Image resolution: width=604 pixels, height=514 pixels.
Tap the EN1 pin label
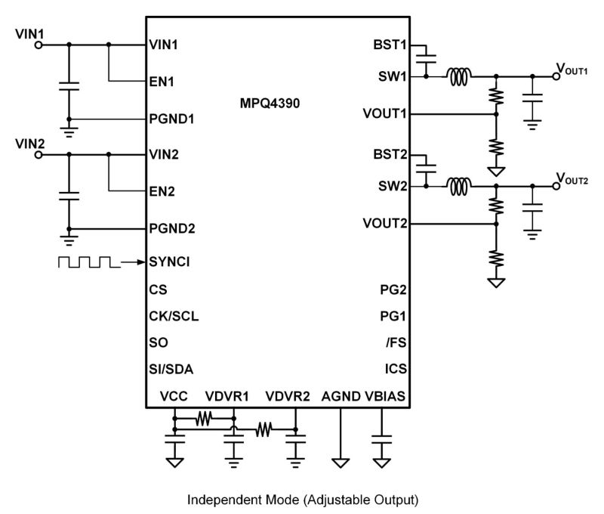point(162,81)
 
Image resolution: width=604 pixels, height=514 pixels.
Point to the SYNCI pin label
point(169,262)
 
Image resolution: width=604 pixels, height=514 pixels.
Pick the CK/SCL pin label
point(174,315)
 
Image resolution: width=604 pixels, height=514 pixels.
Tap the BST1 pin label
point(390,45)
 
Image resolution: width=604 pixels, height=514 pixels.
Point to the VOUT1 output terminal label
point(572,70)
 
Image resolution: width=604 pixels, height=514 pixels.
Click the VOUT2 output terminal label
point(572,179)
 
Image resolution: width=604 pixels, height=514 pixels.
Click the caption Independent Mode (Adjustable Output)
point(302,500)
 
